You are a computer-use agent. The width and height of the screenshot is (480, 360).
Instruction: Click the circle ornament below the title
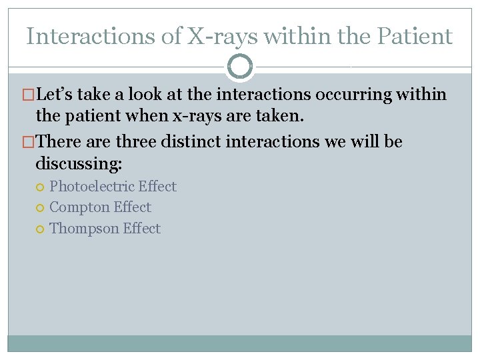240,67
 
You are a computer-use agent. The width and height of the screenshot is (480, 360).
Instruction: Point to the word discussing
78,163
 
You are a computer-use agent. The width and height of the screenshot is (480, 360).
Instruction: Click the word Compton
79,207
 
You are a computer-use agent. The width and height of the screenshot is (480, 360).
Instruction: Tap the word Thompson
84,229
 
